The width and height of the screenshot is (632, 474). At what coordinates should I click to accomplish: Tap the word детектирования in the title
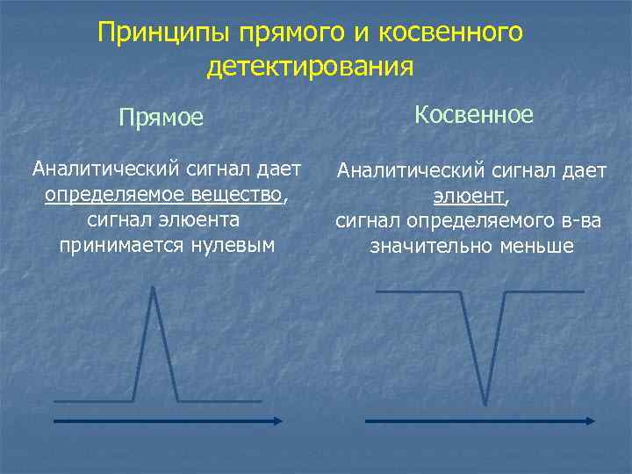310,66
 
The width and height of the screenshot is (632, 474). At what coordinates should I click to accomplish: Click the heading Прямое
162,117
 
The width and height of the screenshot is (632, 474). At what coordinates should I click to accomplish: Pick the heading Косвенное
473,114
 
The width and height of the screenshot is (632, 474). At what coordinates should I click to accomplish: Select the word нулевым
233,245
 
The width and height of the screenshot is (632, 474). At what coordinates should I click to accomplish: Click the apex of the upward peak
154,289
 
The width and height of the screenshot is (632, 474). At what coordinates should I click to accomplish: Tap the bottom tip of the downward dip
485,403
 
